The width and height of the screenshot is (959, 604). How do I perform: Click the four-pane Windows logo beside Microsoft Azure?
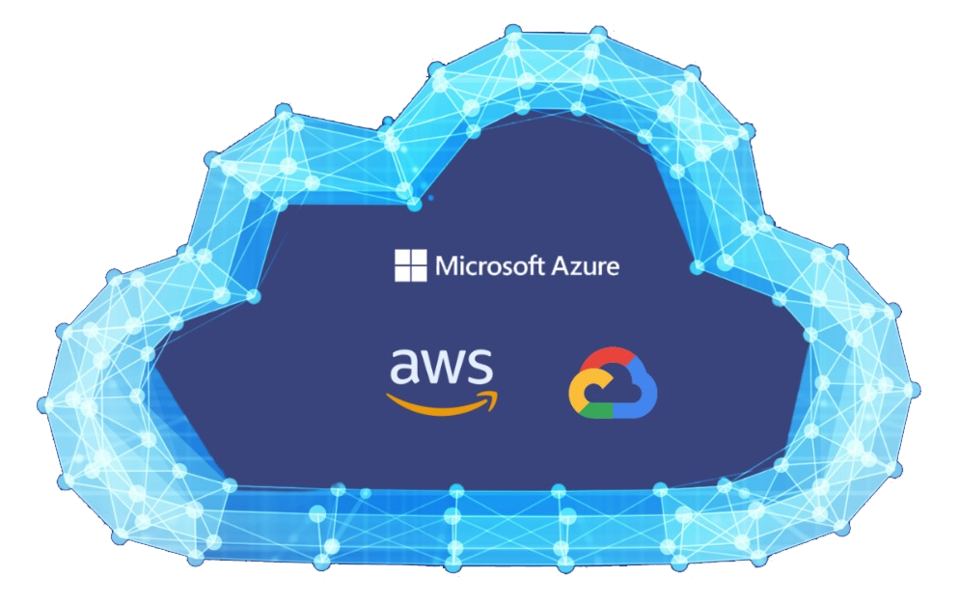click(x=410, y=265)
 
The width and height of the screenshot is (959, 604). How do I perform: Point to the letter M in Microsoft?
click(x=447, y=265)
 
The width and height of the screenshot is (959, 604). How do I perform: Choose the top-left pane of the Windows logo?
click(x=402, y=258)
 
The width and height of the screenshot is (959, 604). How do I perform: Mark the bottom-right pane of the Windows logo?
click(x=418, y=273)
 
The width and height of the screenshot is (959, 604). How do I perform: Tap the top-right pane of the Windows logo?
click(x=418, y=258)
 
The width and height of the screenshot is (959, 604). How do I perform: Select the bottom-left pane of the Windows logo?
click(x=402, y=273)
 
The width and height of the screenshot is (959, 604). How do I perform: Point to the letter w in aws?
click(x=443, y=370)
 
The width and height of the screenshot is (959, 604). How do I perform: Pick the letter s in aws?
click(x=479, y=370)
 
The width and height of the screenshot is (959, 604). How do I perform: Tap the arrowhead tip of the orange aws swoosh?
click(x=497, y=396)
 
